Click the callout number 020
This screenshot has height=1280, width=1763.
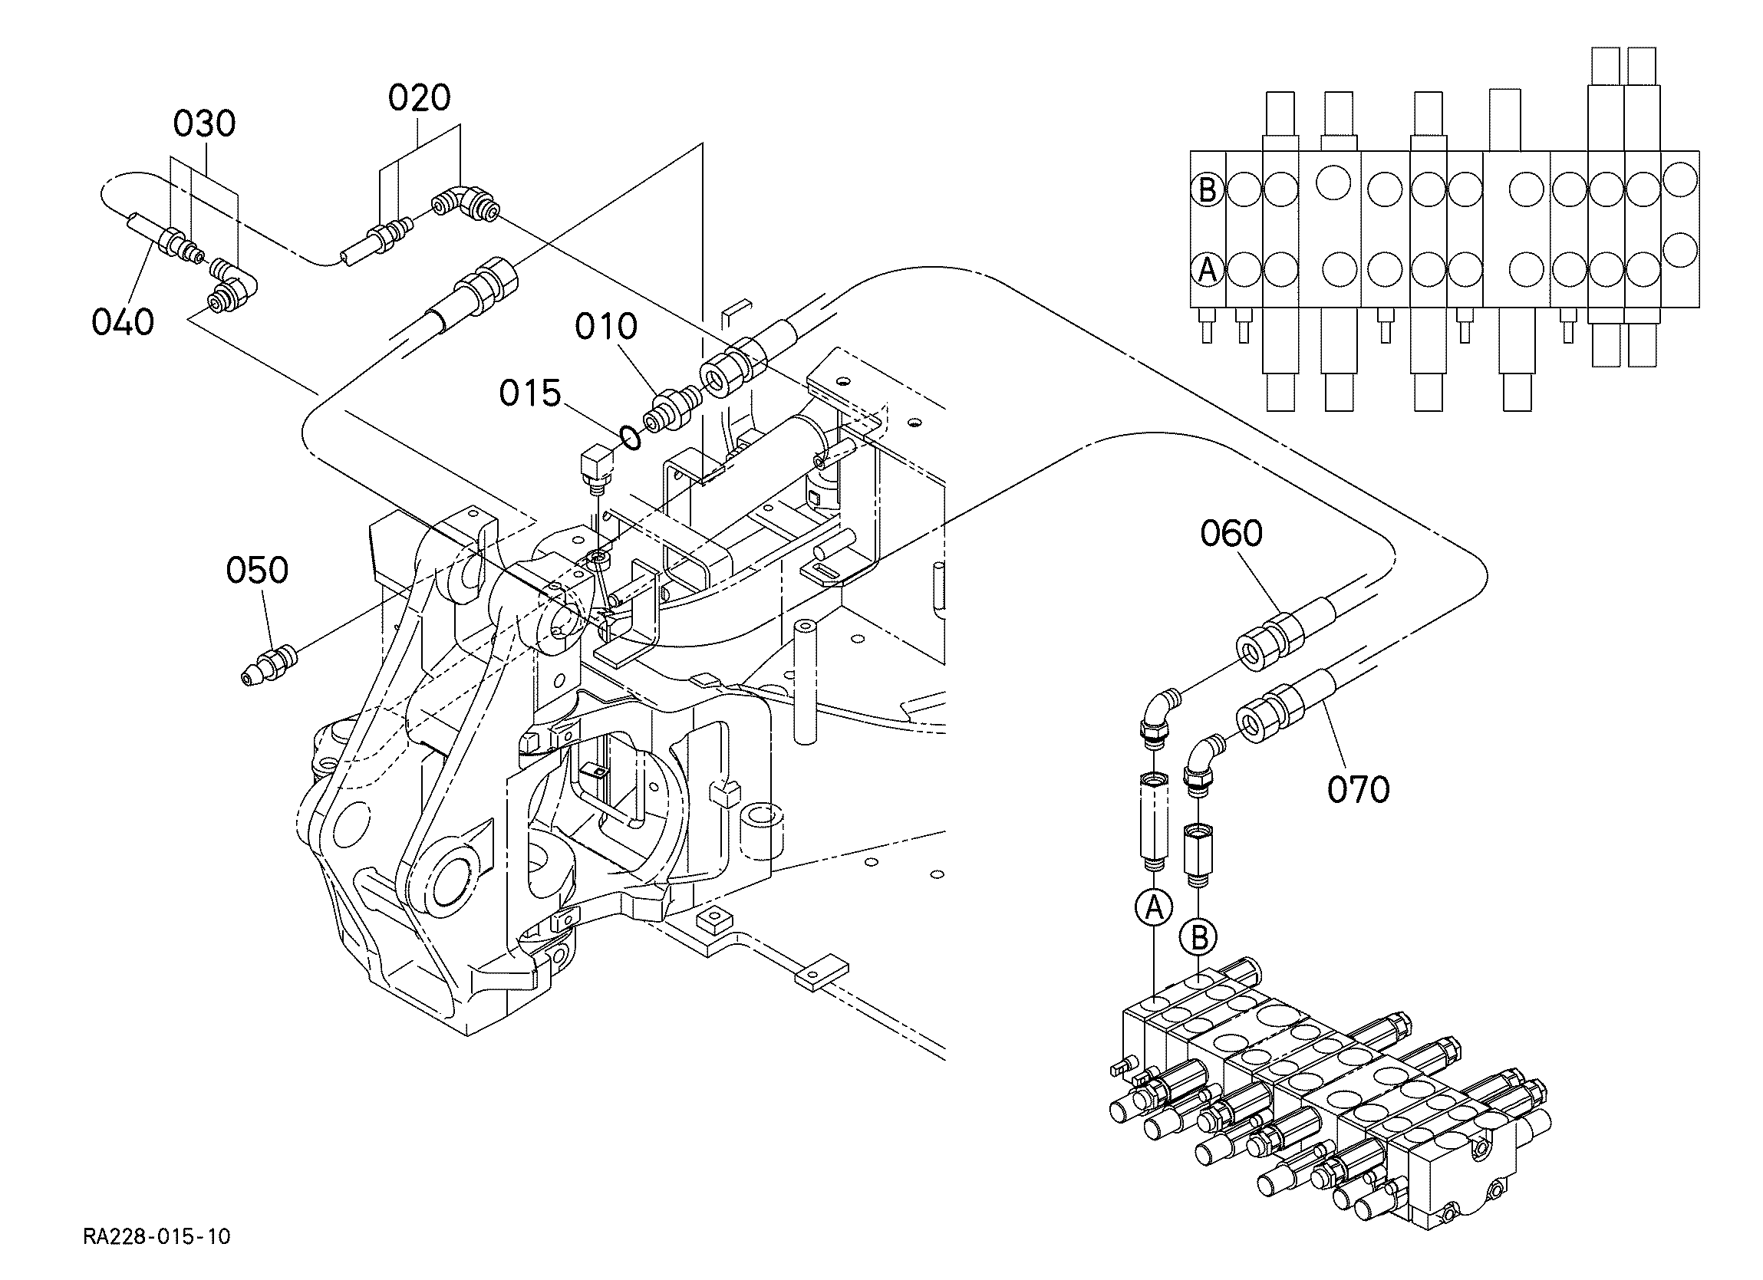419,99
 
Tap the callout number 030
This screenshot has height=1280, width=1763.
204,124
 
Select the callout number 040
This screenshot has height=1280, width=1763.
123,322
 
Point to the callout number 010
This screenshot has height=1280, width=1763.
606,327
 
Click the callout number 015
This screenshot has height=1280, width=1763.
530,393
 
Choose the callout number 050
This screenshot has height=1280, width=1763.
257,570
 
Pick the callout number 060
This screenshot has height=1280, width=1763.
1232,533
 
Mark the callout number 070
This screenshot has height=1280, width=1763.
1359,790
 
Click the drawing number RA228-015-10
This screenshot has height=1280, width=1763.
157,1237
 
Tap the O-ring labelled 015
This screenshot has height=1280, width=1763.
631,439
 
